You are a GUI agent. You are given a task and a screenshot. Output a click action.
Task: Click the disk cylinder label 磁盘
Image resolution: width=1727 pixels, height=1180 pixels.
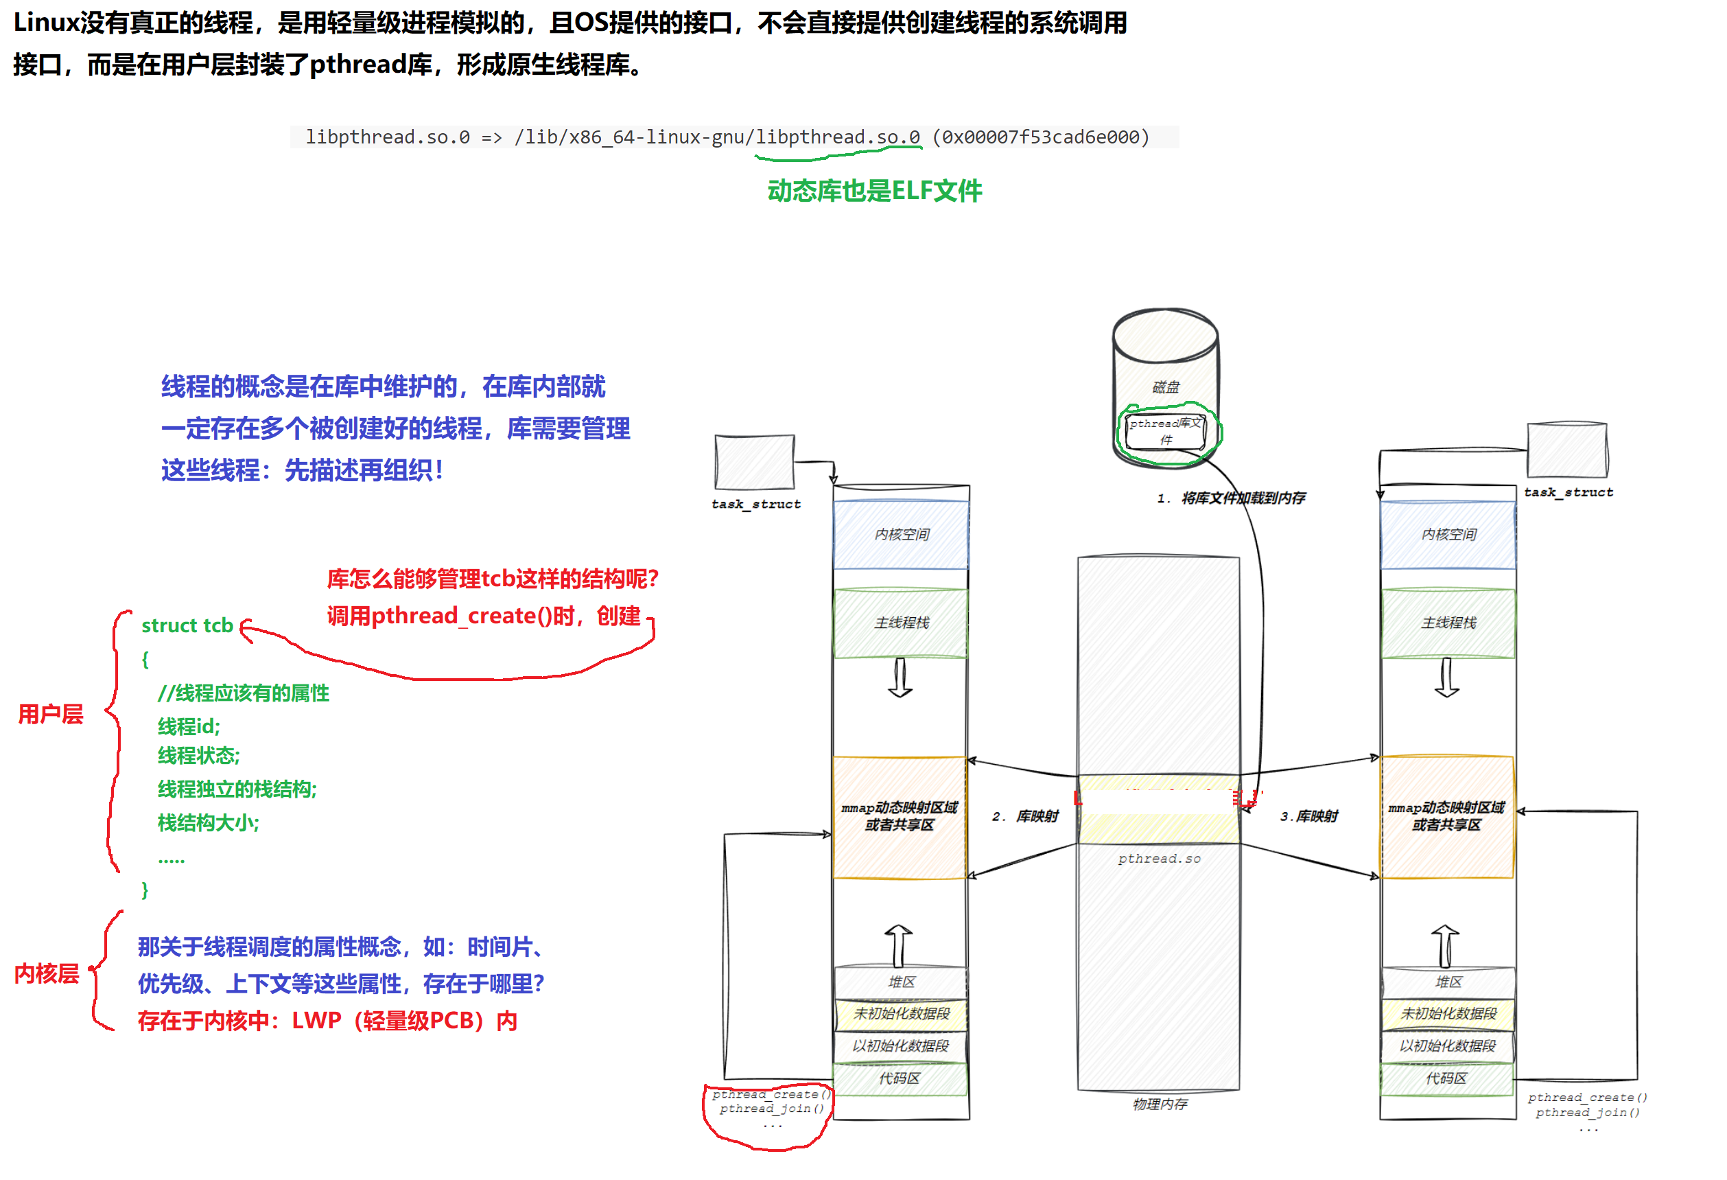tap(1165, 386)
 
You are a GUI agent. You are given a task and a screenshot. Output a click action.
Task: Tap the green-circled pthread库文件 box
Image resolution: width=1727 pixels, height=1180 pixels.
tap(1165, 431)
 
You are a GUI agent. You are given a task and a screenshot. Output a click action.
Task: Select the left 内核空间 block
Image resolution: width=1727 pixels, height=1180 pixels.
tap(901, 535)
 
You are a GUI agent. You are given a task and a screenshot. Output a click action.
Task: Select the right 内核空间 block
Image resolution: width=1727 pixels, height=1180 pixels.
tap(1448, 535)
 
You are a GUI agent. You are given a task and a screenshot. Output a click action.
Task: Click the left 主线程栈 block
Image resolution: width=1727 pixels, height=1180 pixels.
tap(901, 623)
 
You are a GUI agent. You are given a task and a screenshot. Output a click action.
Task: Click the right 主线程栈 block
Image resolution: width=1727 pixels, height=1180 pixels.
tap(1448, 623)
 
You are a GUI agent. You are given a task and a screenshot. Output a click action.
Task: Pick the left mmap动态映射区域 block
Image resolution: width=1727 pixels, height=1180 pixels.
tap(899, 816)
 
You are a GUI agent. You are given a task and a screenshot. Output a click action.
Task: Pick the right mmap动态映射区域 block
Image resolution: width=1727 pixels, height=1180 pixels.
tap(1446, 816)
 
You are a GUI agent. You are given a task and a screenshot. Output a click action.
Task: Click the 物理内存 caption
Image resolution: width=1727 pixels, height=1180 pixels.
tap(1160, 1104)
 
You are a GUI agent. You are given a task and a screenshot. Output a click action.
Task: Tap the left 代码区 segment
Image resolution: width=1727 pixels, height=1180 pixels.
tap(899, 1078)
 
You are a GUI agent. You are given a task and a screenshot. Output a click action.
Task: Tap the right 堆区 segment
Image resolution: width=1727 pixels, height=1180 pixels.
tap(1448, 982)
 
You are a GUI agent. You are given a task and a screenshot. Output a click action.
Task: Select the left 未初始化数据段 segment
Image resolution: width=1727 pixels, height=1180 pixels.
tap(901, 1013)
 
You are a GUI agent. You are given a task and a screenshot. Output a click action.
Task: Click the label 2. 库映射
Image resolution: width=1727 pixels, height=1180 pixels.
tap(1025, 816)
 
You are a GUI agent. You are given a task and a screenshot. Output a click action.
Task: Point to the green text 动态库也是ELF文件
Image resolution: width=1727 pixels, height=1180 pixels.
tap(874, 191)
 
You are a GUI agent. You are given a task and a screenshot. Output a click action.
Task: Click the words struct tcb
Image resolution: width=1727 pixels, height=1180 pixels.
tap(187, 625)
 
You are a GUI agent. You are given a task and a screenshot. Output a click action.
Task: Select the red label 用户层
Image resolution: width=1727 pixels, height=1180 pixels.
tap(51, 714)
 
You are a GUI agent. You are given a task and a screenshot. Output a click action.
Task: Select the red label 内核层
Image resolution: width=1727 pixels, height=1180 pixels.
tap(46, 973)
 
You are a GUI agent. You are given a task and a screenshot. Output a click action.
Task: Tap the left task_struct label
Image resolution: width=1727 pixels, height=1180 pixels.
tap(755, 504)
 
